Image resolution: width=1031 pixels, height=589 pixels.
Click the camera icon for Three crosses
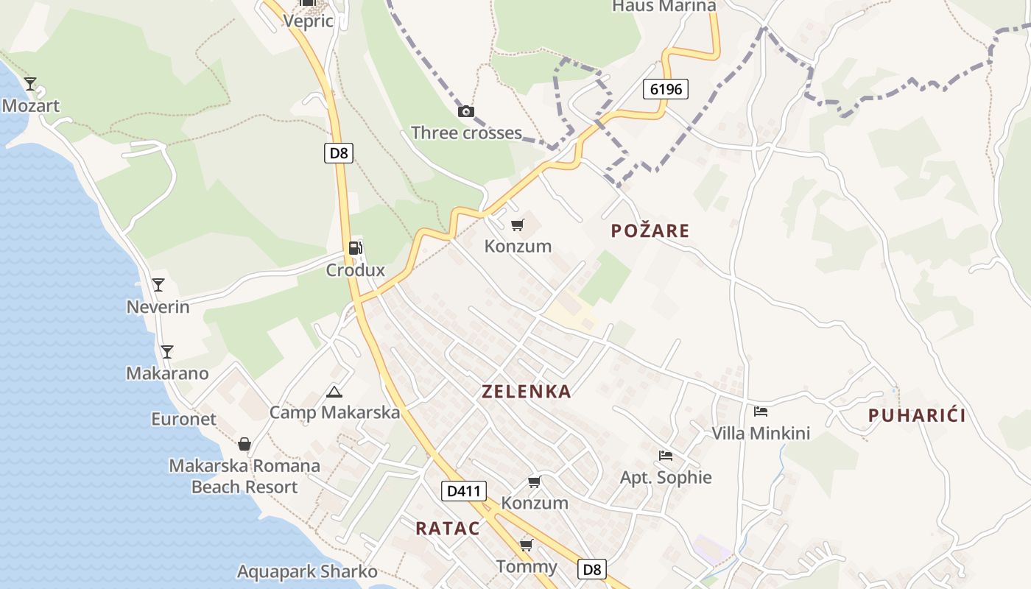(465, 112)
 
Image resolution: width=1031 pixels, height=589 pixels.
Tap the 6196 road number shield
(666, 89)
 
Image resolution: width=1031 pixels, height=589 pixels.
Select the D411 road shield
(464, 490)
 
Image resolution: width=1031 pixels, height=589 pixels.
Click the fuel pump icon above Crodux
(356, 248)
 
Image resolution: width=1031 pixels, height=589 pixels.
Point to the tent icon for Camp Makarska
(334, 392)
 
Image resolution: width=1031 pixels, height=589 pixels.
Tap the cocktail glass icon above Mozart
(30, 84)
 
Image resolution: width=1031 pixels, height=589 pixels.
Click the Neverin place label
(158, 307)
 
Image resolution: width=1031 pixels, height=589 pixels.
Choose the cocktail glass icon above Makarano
(167, 352)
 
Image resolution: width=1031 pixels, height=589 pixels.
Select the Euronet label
(184, 420)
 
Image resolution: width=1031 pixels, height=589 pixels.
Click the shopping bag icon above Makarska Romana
(244, 444)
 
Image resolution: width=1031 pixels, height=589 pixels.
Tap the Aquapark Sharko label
(307, 571)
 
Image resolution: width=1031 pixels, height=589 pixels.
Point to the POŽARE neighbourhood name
(650, 231)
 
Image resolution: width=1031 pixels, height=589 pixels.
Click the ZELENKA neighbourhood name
(527, 392)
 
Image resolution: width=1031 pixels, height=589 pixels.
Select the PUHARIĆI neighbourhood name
(917, 416)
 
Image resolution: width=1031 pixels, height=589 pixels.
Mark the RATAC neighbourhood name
(448, 528)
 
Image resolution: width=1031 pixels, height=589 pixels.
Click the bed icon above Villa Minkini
(761, 412)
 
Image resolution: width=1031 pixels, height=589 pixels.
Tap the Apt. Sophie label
(666, 478)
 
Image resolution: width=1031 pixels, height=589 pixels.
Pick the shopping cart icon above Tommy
(526, 545)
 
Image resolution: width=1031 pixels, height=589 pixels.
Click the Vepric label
(308, 21)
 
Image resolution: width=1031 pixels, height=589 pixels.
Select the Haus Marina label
(664, 6)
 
